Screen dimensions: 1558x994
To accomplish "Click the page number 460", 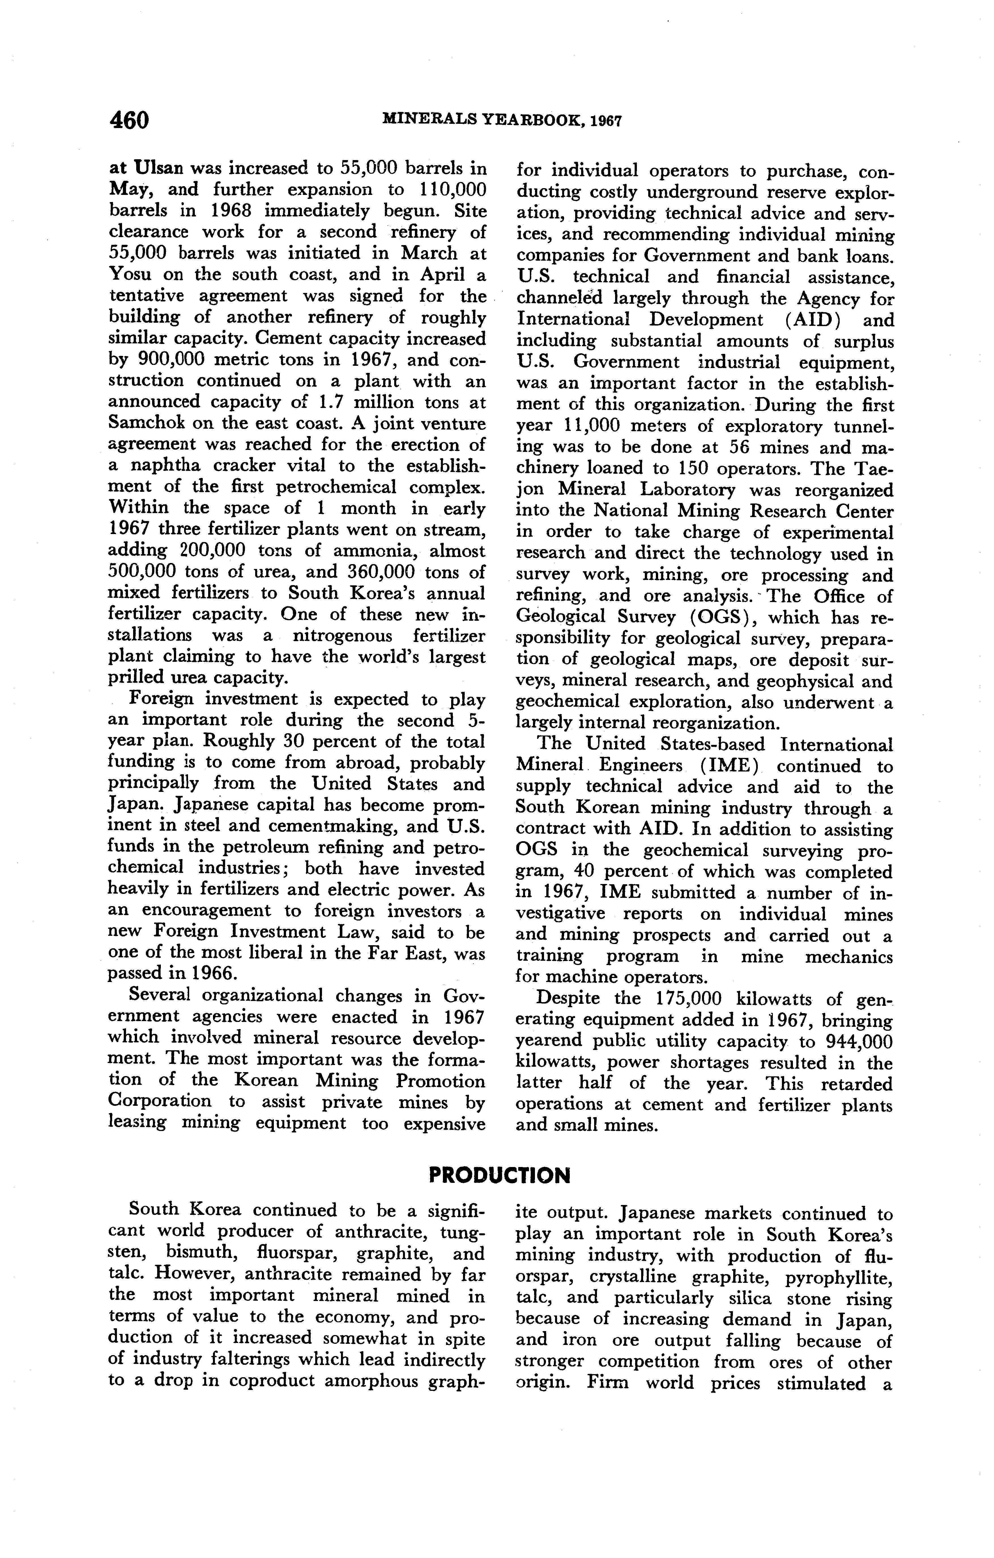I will (129, 120).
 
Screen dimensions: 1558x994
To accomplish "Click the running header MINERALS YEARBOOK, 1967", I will (502, 120).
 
